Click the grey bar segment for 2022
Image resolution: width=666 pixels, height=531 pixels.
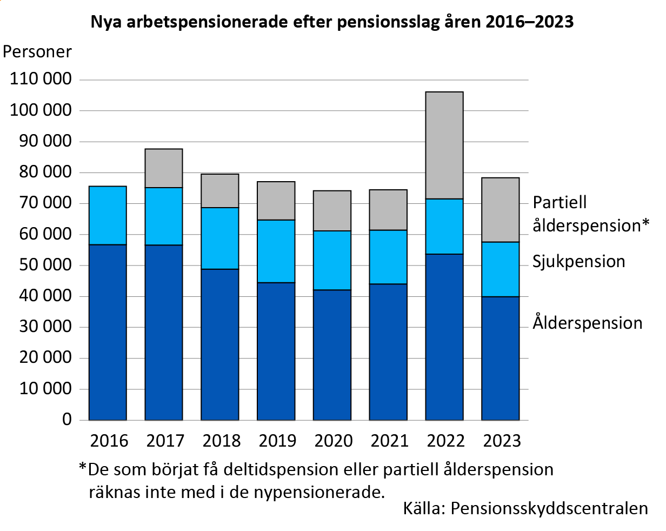pos(444,145)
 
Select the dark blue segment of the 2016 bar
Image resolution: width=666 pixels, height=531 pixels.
pos(108,332)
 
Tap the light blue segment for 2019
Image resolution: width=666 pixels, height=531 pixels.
pos(276,251)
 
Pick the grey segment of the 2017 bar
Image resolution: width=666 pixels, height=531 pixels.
pos(164,168)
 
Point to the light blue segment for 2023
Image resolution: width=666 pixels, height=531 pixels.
pos(501,269)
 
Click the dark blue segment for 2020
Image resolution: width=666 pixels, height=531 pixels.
pos(332,355)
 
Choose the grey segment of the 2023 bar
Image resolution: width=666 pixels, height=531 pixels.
pos(501,210)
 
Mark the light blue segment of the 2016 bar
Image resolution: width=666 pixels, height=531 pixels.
pos(108,215)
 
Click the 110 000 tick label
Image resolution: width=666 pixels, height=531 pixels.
pos(41,79)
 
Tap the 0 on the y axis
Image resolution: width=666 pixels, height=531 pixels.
pos(66,420)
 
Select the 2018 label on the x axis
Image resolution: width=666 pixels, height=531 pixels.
pos(221,441)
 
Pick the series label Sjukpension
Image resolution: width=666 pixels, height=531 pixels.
pos(578,261)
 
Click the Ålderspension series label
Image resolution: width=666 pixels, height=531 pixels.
pos(588,323)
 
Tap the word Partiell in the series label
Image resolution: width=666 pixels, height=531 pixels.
pos(560,202)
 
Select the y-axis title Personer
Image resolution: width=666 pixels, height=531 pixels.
pos(37,52)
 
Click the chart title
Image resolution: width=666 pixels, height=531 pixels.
pos(332,22)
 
